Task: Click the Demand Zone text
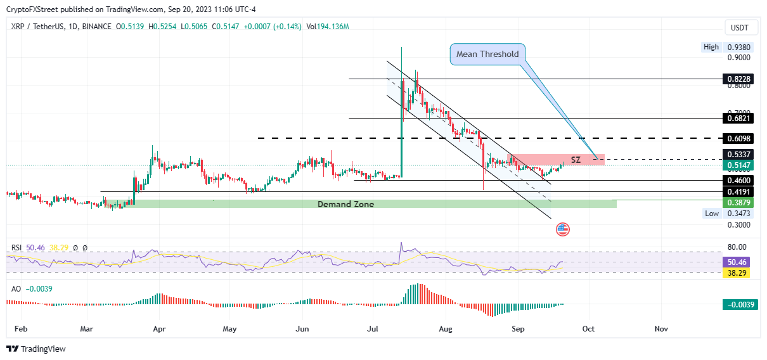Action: (x=345, y=204)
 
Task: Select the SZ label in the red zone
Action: (x=576, y=160)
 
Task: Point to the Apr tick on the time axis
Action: (x=159, y=329)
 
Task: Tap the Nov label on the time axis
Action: (x=661, y=329)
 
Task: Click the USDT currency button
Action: (x=740, y=27)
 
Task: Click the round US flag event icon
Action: (x=562, y=229)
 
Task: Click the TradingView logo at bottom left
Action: (x=36, y=349)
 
